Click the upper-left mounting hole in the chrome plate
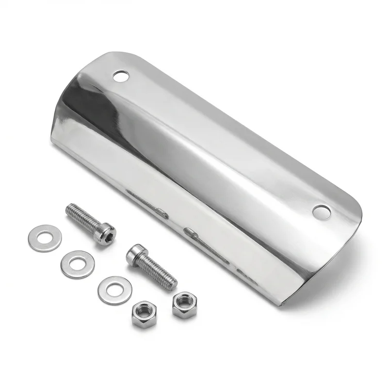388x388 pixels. pyautogui.click(x=121, y=76)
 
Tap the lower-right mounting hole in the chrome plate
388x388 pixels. pyautogui.click(x=322, y=211)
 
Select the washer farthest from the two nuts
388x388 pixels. pyautogui.click(x=45, y=238)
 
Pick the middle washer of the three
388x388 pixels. pyautogui.click(x=78, y=264)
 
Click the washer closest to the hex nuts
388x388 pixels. pyautogui.click(x=114, y=290)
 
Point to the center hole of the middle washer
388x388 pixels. pyautogui.click(x=78, y=264)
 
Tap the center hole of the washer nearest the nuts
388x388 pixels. pyautogui.click(x=114, y=290)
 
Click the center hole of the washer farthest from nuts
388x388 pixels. pyautogui.click(x=45, y=238)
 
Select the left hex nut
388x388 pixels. pyautogui.click(x=144, y=314)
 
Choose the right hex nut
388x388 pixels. pyautogui.click(x=184, y=305)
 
